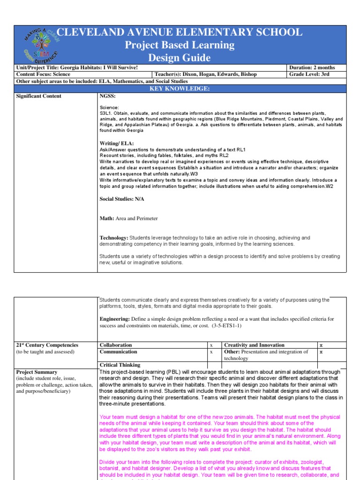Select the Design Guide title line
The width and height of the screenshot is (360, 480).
click(x=180, y=58)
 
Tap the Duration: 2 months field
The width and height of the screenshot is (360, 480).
click(x=313, y=67)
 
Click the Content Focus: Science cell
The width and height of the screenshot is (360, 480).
click(x=43, y=74)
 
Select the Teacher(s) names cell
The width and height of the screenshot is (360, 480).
click(x=206, y=74)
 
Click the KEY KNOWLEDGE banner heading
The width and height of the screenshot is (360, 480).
click(x=180, y=88)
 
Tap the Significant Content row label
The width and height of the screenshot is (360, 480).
click(x=39, y=96)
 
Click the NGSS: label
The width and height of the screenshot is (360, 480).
click(x=107, y=96)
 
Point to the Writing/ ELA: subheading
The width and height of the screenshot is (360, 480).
click(x=117, y=143)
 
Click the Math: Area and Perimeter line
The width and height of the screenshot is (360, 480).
click(x=128, y=218)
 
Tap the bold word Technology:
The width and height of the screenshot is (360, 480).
click(x=113, y=238)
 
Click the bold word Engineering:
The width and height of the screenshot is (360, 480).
click(x=114, y=319)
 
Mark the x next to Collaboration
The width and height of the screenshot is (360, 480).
click(x=211, y=345)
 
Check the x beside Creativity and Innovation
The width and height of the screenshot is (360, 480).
click(x=321, y=345)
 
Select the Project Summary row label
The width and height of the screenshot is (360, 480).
click(x=37, y=372)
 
